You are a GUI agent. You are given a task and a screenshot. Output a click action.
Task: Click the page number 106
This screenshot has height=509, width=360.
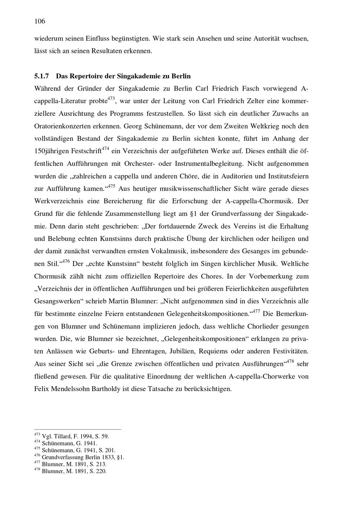(x=40, y=21)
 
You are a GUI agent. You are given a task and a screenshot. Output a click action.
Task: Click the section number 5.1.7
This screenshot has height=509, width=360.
(x=43, y=76)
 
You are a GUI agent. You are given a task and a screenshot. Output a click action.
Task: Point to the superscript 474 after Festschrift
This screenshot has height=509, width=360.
(x=105, y=148)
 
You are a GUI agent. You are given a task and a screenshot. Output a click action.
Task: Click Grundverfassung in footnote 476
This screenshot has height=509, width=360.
(x=63, y=457)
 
